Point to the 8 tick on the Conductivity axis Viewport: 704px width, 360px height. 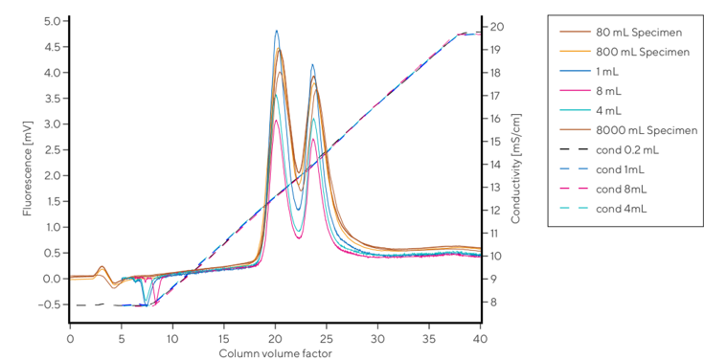(492, 302)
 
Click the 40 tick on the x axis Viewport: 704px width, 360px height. (481, 339)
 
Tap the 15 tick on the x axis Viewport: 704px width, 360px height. (223, 339)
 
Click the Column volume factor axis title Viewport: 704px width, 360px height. (275, 353)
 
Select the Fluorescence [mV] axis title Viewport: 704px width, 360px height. (28, 169)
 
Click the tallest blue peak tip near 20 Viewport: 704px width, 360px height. (277, 30)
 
